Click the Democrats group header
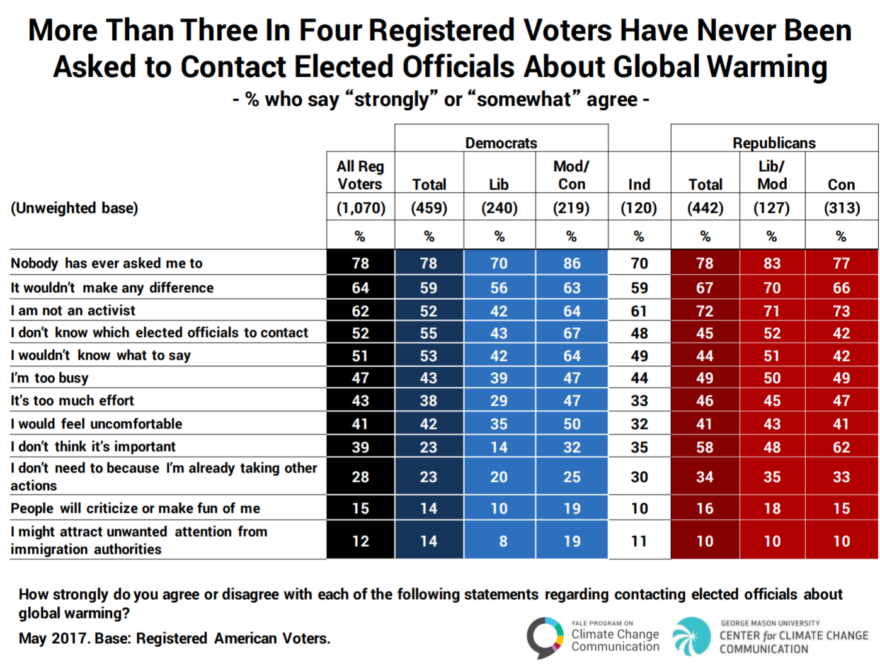click(501, 143)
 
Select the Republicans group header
click(774, 143)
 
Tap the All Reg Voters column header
click(360, 175)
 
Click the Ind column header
click(639, 185)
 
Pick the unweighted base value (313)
click(842, 208)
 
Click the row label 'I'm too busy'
click(50, 378)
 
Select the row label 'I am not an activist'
click(73, 311)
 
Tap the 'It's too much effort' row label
click(72, 401)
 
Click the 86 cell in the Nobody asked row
click(571, 263)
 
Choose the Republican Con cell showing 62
click(842, 447)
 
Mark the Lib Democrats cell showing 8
click(503, 541)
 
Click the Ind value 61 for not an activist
click(639, 311)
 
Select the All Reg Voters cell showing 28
click(360, 477)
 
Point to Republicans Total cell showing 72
click(704, 311)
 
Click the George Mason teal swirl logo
click(691, 636)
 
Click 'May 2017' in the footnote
click(53, 638)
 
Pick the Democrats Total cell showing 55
click(428, 333)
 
